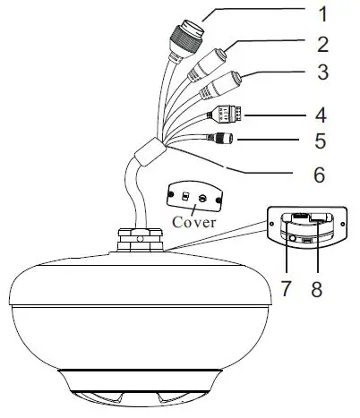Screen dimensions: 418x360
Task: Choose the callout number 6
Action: pyautogui.click(x=319, y=174)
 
